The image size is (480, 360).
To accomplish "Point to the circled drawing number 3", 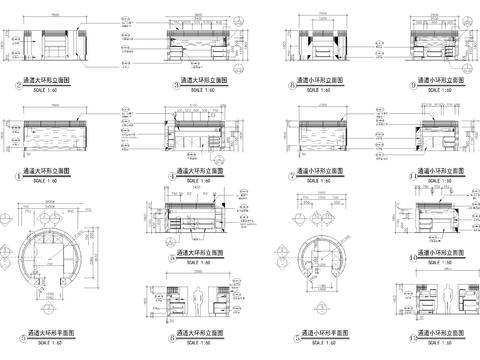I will tap(171, 86).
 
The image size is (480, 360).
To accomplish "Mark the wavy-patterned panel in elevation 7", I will tap(330, 129).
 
